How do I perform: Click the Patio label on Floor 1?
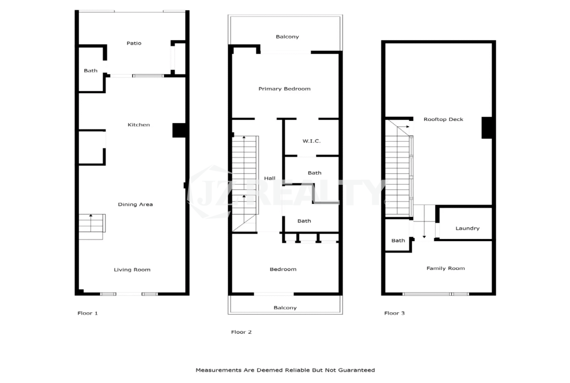click(134, 43)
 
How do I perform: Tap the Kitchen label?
click(138, 124)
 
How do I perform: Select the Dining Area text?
click(135, 204)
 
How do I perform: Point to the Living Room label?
click(132, 269)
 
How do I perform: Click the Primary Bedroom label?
click(285, 88)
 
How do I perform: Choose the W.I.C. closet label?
click(311, 141)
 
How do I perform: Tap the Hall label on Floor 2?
click(269, 178)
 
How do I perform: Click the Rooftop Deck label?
click(443, 119)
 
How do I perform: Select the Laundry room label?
click(468, 228)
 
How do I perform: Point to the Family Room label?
click(445, 268)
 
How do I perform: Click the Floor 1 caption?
click(88, 313)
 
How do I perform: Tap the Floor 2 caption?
click(241, 332)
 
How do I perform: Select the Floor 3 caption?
click(395, 313)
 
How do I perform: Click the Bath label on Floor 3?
click(398, 240)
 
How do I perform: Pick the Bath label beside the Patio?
click(91, 71)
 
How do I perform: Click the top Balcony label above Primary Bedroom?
click(287, 37)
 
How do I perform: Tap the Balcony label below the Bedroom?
click(285, 308)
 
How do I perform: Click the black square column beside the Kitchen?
click(179, 130)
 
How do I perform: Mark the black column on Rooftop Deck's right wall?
click(487, 127)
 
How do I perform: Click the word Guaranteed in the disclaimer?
click(356, 370)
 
